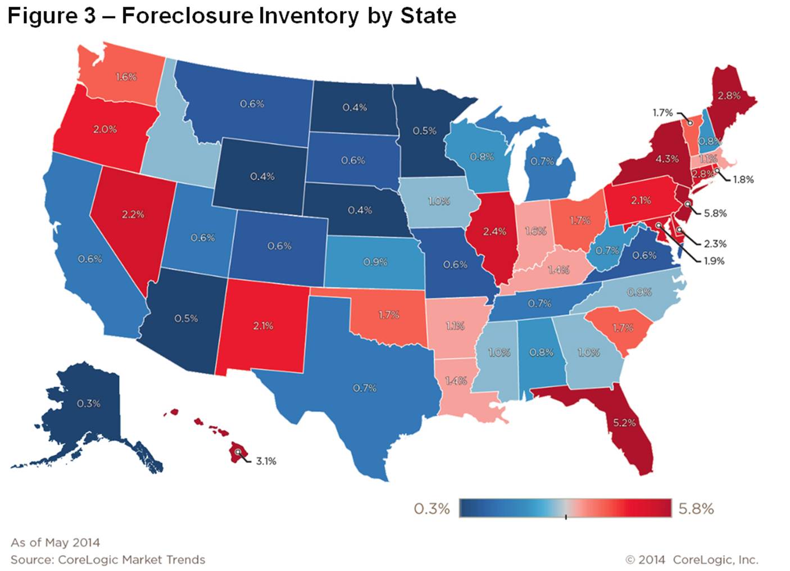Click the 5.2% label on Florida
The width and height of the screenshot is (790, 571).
click(x=624, y=423)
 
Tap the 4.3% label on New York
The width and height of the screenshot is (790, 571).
click(x=667, y=159)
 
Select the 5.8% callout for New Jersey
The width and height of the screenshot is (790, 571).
click(x=715, y=214)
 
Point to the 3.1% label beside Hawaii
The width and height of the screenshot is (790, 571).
click(x=266, y=461)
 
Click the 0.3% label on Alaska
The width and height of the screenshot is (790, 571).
click(x=88, y=404)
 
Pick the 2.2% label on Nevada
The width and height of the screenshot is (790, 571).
click(x=133, y=214)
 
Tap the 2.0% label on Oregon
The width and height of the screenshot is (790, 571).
click(x=105, y=129)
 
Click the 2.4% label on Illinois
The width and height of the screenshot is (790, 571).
click(x=494, y=231)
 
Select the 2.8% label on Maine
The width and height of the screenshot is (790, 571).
click(x=729, y=96)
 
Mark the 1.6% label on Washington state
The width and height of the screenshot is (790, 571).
click(x=126, y=77)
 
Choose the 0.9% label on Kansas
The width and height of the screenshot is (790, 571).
click(x=375, y=262)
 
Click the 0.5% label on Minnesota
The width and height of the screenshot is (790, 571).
click(x=424, y=131)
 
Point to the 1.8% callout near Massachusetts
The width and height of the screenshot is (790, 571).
click(x=743, y=180)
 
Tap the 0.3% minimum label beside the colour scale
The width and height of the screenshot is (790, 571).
click(x=432, y=509)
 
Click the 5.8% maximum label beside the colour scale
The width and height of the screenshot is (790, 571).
click(x=696, y=509)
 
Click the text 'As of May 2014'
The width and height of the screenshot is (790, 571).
click(x=55, y=542)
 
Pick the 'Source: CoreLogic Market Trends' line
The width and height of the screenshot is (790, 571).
click(x=108, y=560)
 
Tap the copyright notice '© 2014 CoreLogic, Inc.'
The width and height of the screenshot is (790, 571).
click(x=692, y=560)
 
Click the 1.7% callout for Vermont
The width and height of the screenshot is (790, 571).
click(x=662, y=113)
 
